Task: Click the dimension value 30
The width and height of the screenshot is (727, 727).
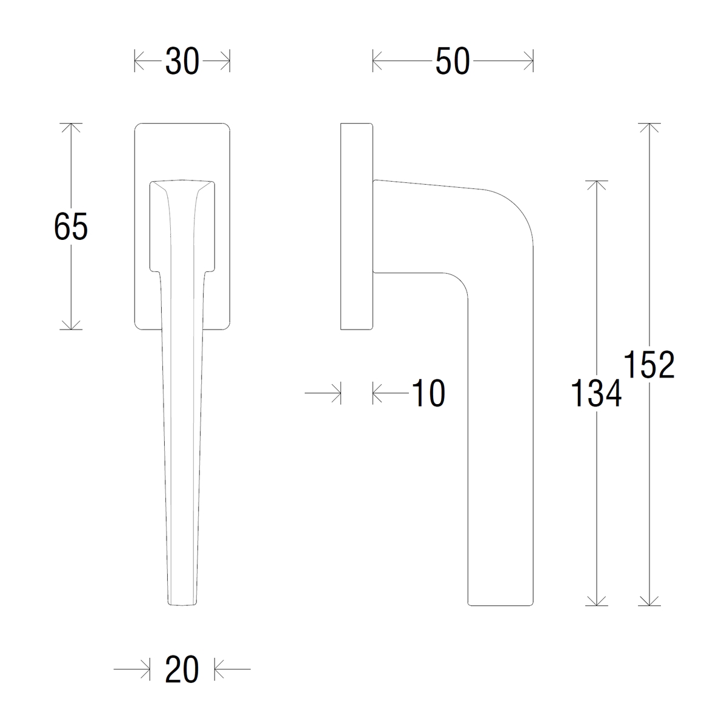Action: click(182, 61)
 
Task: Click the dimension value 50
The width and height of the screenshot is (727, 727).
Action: click(453, 61)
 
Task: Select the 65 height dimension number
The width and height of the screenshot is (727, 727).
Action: click(70, 227)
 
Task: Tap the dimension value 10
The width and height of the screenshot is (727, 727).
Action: click(428, 393)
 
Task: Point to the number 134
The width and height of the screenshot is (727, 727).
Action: click(596, 394)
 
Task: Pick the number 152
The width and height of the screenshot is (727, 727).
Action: click(649, 364)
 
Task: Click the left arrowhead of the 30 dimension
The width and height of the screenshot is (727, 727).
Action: click(139, 61)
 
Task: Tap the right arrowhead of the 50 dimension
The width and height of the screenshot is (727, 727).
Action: click(528, 61)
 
